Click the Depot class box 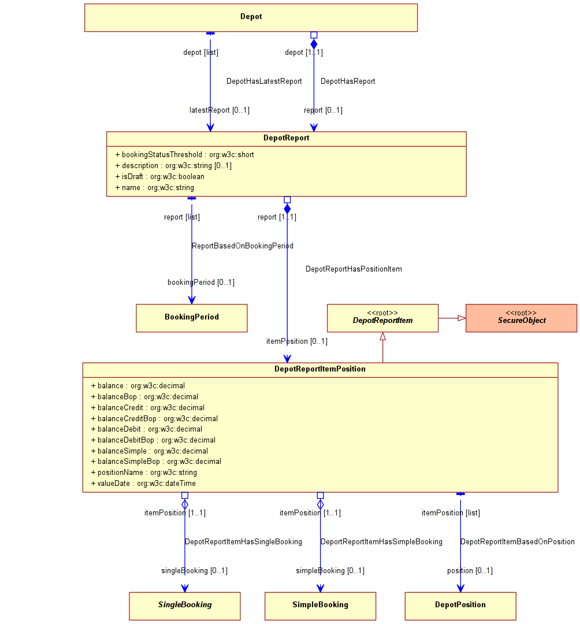[251, 17]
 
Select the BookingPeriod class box [192, 318]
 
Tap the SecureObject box [521, 318]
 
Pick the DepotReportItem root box [382, 318]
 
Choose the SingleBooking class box [185, 606]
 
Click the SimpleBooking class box [320, 606]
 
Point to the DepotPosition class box [460, 606]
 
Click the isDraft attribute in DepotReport [160, 177]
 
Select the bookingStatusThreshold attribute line [185, 155]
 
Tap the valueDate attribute [143, 484]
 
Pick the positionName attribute [144, 473]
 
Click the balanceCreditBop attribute [154, 419]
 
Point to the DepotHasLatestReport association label [264, 81]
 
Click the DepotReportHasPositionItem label [354, 269]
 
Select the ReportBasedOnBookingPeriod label [243, 246]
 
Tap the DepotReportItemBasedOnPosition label [518, 541]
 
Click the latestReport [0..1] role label [220, 110]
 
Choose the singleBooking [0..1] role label [195, 571]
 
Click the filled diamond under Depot [314, 44]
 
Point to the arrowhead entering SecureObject [462, 318]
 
